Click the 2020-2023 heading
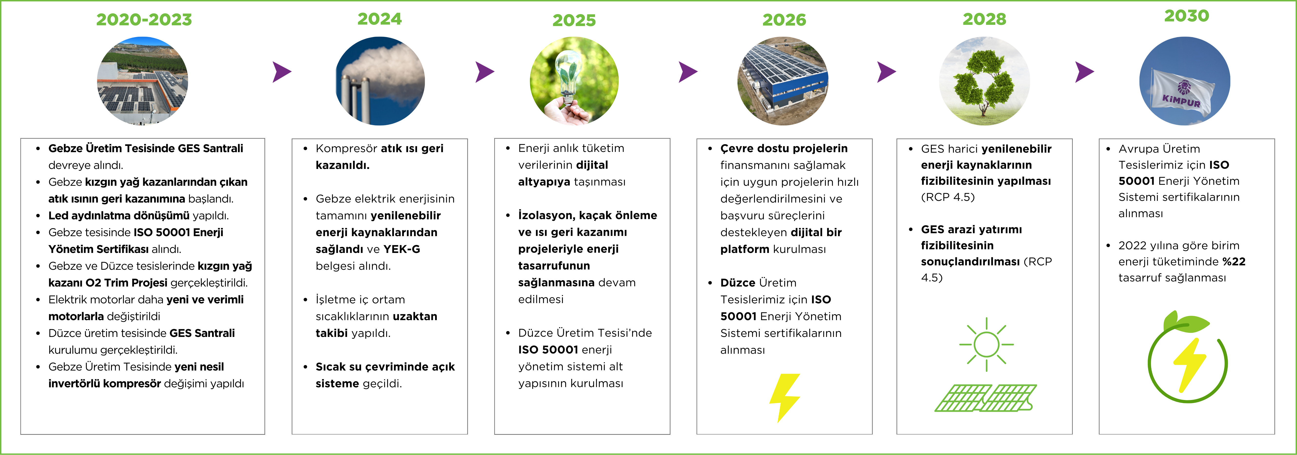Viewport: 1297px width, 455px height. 144,20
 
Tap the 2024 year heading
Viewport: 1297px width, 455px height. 380,19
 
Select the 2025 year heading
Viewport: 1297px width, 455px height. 574,20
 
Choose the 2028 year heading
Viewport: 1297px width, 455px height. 984,19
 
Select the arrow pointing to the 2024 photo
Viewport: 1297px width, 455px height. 282,72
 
